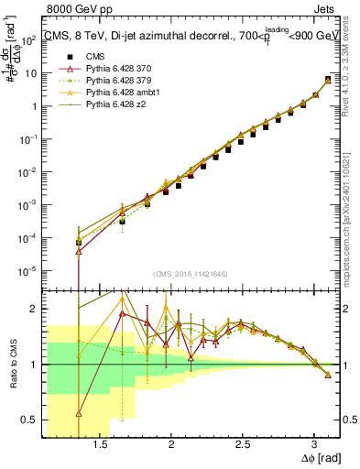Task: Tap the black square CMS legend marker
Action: pos(66,58)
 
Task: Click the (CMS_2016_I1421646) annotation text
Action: pos(191,274)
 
